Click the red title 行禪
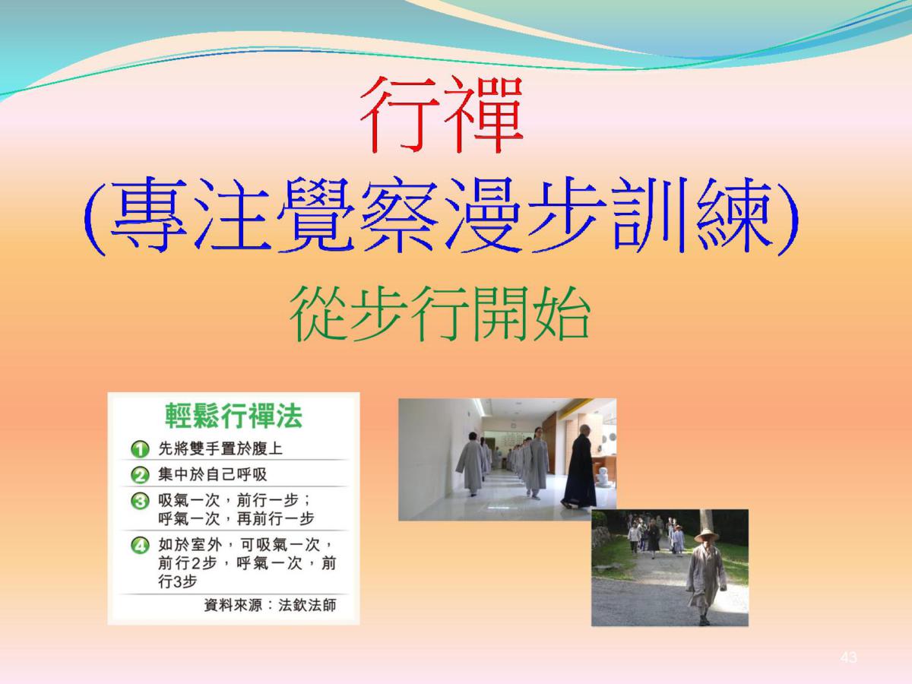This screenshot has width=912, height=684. point(442,115)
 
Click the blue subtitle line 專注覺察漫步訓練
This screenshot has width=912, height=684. point(440,215)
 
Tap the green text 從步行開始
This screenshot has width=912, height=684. point(439,314)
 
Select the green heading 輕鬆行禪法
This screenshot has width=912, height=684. point(233,415)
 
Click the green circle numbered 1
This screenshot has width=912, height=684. point(140,449)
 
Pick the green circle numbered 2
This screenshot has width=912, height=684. point(140,475)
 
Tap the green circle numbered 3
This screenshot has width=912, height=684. point(140,502)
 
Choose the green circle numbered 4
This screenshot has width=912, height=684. point(140,545)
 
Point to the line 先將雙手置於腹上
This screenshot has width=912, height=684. point(220,448)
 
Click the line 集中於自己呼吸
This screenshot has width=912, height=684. point(212,474)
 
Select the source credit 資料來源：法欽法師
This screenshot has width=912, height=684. point(270,605)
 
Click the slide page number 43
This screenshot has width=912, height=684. point(848,657)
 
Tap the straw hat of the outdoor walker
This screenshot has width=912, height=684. point(706,535)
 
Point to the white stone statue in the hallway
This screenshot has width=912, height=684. point(603,477)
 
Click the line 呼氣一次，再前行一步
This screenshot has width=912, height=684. point(236,519)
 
